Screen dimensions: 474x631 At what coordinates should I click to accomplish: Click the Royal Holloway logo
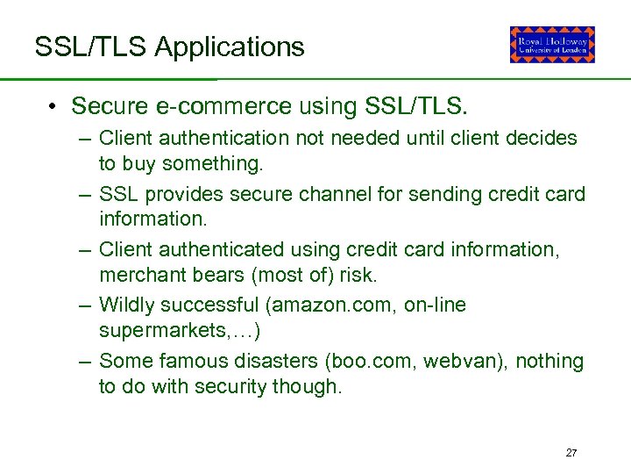pyautogui.click(x=552, y=45)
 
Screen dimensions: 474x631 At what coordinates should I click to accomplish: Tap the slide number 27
pyautogui.click(x=571, y=453)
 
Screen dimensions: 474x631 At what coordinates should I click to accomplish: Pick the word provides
pyautogui.click(x=174, y=194)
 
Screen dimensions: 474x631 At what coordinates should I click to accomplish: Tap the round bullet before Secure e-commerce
pyautogui.click(x=53, y=107)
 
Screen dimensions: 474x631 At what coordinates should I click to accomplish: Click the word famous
pyautogui.click(x=191, y=361)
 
